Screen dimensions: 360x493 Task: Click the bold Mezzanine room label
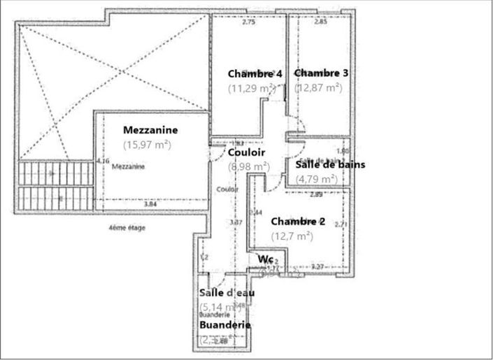click(x=150, y=130)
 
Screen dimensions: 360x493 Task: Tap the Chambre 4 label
click(x=255, y=74)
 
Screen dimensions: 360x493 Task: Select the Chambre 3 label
click(x=321, y=73)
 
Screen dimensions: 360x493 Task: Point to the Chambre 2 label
click(x=299, y=222)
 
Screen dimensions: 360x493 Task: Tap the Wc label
click(x=265, y=259)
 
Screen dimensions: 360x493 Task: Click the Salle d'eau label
click(x=227, y=292)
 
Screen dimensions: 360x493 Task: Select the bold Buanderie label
click(x=225, y=325)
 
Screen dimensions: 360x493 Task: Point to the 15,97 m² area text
click(x=148, y=145)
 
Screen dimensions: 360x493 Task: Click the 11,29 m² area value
click(x=252, y=88)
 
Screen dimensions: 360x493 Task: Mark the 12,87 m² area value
click(x=318, y=87)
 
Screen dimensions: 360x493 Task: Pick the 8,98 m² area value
click(x=249, y=166)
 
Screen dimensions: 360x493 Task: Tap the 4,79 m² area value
click(x=317, y=179)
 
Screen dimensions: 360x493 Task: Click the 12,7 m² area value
click(x=292, y=236)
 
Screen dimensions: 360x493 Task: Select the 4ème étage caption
click(x=127, y=228)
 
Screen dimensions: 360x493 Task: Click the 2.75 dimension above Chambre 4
click(x=248, y=22)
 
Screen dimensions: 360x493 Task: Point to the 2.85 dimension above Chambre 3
click(x=320, y=22)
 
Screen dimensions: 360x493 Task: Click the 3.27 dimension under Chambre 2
click(x=317, y=266)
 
